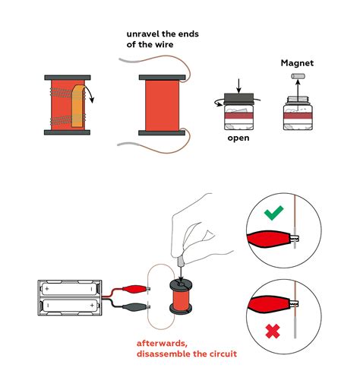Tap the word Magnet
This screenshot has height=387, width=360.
coord(298,64)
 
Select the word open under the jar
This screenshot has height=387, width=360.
coord(239,139)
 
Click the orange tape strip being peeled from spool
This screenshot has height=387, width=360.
coord(78,106)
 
